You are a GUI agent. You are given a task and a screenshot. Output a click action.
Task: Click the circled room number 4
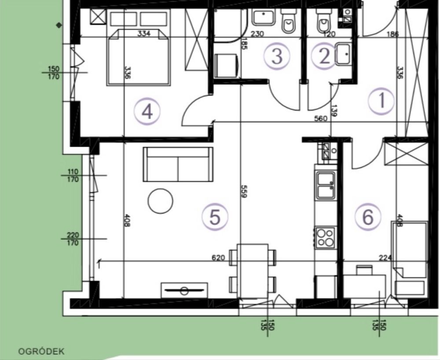(x=147, y=112)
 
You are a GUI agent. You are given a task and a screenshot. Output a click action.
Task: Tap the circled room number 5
(x=215, y=217)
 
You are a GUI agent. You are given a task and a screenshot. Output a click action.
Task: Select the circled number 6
(x=368, y=217)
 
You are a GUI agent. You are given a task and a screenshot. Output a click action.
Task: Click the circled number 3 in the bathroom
(x=277, y=56)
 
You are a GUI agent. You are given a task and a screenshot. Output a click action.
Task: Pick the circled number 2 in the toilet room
(x=325, y=56)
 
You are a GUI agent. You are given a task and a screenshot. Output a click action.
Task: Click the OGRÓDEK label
(x=41, y=351)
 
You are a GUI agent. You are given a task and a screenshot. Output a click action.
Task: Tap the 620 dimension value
(x=218, y=257)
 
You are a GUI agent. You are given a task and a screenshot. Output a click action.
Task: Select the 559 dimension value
(x=244, y=191)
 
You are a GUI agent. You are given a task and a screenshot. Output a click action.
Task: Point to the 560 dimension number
(x=321, y=118)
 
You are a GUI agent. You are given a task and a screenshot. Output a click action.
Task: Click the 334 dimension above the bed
(x=144, y=33)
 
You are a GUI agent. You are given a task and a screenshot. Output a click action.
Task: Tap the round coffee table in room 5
(x=161, y=201)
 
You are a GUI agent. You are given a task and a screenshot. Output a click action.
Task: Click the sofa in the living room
(x=178, y=164)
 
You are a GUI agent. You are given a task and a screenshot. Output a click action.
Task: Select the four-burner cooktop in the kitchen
(x=326, y=237)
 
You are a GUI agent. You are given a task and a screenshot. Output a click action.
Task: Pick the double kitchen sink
(x=326, y=185)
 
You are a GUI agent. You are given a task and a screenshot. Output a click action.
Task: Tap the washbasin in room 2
(x=343, y=54)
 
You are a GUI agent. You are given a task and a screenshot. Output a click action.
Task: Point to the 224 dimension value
(x=385, y=257)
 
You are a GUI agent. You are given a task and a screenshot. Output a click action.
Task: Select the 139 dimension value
(x=334, y=110)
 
